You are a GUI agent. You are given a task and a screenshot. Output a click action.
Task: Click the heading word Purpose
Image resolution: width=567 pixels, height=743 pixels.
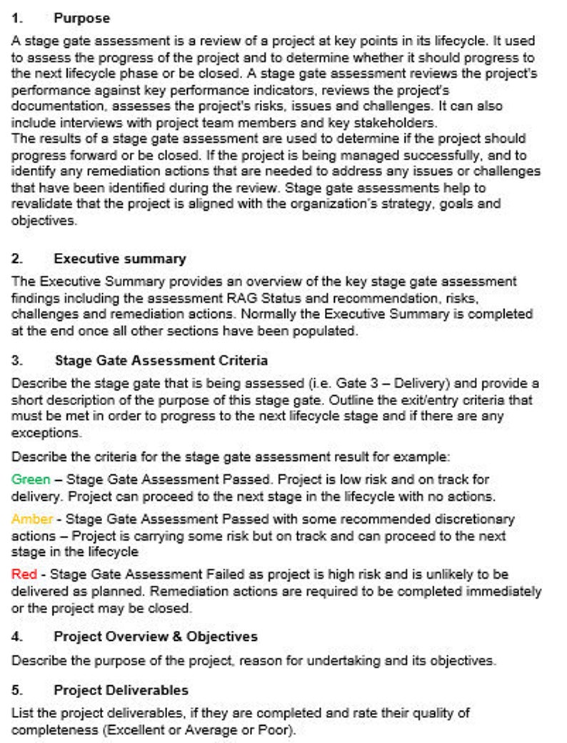click(81, 19)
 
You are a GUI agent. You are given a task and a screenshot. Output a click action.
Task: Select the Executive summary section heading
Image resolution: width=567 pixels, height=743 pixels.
click(119, 259)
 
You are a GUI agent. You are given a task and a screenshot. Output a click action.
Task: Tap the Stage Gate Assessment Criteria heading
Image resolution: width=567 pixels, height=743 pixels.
click(161, 361)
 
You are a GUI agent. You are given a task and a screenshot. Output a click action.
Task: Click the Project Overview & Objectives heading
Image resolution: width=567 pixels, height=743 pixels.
click(155, 637)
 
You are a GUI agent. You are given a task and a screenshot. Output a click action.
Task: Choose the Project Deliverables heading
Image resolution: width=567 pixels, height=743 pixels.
click(121, 690)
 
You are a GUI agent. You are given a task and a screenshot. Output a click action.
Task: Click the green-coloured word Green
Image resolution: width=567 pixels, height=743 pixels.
click(31, 479)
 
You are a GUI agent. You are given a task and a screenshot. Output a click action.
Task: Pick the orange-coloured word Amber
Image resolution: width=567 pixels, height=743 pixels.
click(31, 519)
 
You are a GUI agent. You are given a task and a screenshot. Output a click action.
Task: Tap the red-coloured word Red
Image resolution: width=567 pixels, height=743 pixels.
click(24, 574)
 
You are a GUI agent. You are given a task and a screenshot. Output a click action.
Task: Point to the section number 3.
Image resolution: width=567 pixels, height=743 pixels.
click(17, 361)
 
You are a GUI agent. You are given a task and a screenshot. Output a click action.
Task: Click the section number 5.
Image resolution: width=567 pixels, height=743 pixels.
click(17, 690)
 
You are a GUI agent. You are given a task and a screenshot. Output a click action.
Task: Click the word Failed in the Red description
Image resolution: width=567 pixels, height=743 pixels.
click(224, 574)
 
